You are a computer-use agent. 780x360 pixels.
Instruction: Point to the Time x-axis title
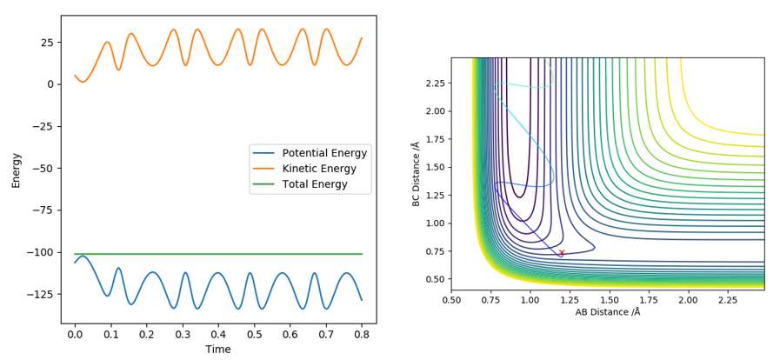click(218, 350)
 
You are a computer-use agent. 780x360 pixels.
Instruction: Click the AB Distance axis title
click(607, 312)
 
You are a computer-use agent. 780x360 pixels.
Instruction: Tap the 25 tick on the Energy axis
click(47, 43)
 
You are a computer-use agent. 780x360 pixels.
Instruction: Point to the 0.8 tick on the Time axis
click(362, 333)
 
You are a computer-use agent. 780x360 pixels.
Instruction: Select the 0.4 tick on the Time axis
click(218, 333)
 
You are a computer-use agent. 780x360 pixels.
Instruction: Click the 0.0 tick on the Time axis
click(75, 333)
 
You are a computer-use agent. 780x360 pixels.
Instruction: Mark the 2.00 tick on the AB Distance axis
click(688, 299)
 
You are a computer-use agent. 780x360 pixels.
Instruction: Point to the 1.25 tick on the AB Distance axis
click(570, 299)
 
